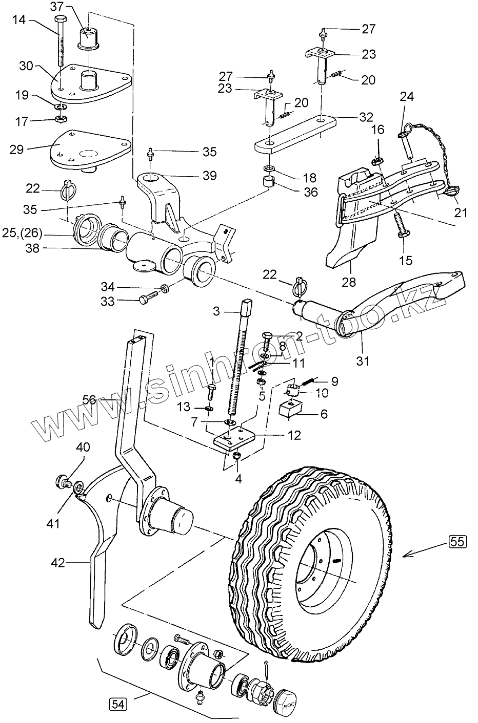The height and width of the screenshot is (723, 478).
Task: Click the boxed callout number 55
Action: [457, 541]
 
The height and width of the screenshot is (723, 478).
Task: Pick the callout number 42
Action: [58, 563]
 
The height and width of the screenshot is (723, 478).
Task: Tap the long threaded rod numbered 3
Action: [238, 358]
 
